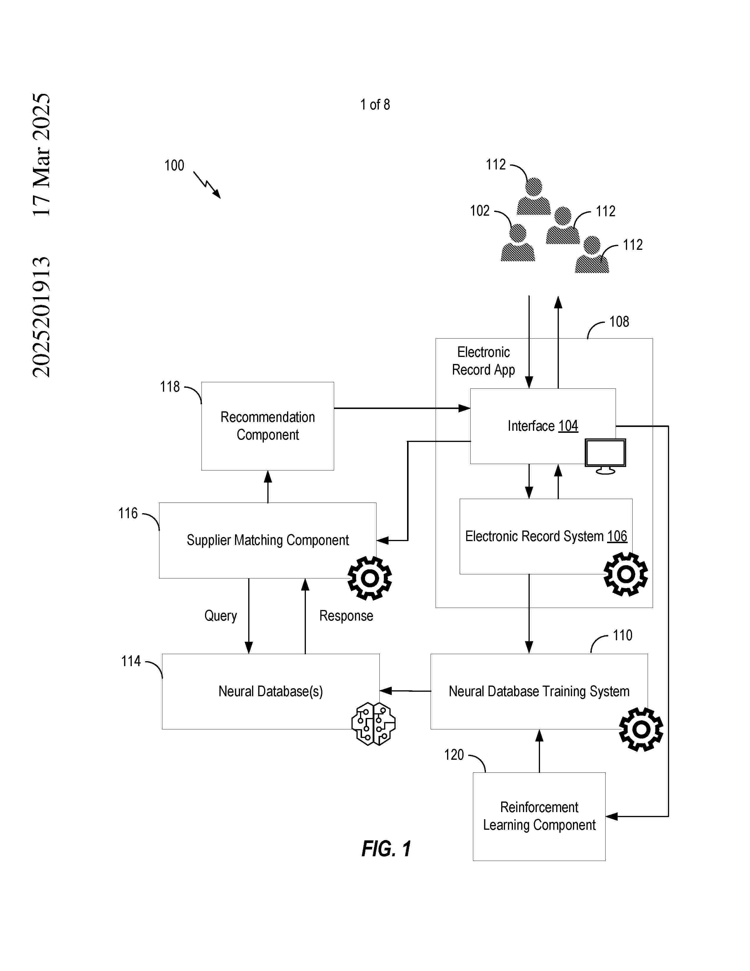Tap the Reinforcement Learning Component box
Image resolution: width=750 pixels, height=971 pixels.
click(x=539, y=816)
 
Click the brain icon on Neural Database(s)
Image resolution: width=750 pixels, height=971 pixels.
click(x=373, y=723)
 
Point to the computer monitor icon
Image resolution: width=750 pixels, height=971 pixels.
click(x=605, y=456)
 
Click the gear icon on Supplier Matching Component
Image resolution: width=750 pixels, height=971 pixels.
click(x=370, y=578)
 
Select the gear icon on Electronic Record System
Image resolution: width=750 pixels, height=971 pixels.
click(x=626, y=574)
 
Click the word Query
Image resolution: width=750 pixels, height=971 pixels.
click(x=220, y=616)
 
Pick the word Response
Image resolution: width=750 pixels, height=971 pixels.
click(x=346, y=616)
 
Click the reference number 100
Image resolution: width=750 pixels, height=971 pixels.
click(x=174, y=165)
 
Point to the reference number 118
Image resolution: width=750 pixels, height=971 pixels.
click(x=170, y=387)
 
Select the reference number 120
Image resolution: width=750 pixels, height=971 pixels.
click(x=454, y=754)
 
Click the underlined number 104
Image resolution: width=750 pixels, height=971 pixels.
click(x=568, y=426)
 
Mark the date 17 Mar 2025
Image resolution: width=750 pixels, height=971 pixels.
click(x=41, y=155)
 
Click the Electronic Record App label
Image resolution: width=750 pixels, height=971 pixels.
click(x=484, y=361)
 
